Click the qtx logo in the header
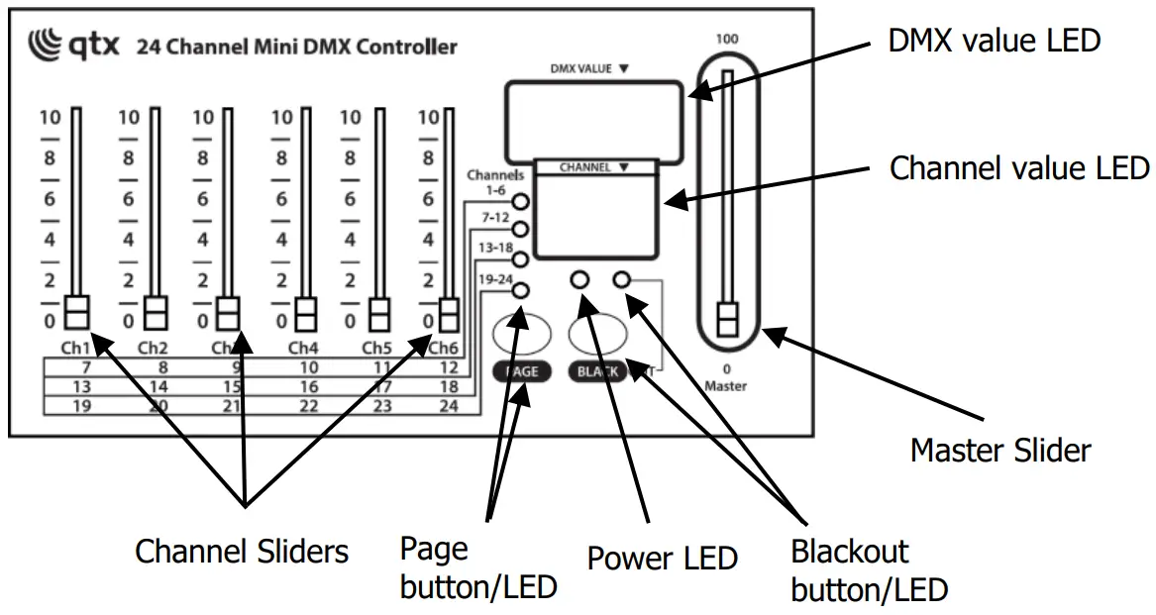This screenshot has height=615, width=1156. coord(73,46)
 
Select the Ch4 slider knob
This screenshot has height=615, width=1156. coord(305,313)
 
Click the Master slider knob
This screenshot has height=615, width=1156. coord(728,322)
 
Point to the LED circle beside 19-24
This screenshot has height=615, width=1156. coord(520,290)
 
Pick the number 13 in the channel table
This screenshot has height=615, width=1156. coord(81,386)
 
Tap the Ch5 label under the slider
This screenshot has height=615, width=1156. coord(377,348)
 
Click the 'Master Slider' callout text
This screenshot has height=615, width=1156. coord(999,451)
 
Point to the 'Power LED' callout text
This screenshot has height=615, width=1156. coord(662,558)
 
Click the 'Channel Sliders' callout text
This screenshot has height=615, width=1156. coord(241,551)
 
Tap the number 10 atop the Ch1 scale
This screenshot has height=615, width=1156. coord(50,117)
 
